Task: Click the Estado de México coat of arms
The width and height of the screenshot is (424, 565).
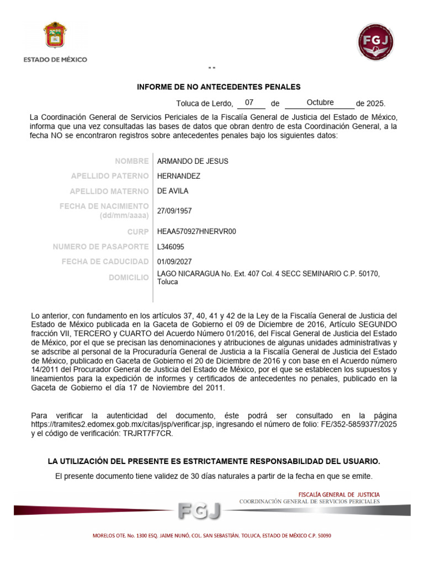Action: click(x=55, y=36)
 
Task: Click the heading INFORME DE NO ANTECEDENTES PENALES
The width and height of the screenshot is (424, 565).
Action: click(x=219, y=87)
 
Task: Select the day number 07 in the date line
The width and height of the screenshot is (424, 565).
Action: click(x=250, y=103)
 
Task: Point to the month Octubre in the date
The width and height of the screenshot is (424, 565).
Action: click(x=320, y=103)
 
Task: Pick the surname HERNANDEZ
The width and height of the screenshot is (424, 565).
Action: click(x=179, y=176)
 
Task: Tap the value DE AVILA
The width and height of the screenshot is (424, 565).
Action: click(x=173, y=191)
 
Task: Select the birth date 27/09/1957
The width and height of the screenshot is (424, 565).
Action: click(x=174, y=211)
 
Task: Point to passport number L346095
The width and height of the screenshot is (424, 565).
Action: click(x=171, y=247)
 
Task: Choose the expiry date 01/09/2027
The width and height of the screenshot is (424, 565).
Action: click(x=174, y=262)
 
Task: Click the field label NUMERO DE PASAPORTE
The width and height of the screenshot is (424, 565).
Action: click(x=100, y=247)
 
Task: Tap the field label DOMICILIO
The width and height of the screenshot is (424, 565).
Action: click(x=129, y=278)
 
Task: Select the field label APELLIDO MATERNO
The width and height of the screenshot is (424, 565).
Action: click(x=109, y=191)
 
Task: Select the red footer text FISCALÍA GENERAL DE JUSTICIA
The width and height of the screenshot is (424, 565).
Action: click(x=338, y=494)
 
